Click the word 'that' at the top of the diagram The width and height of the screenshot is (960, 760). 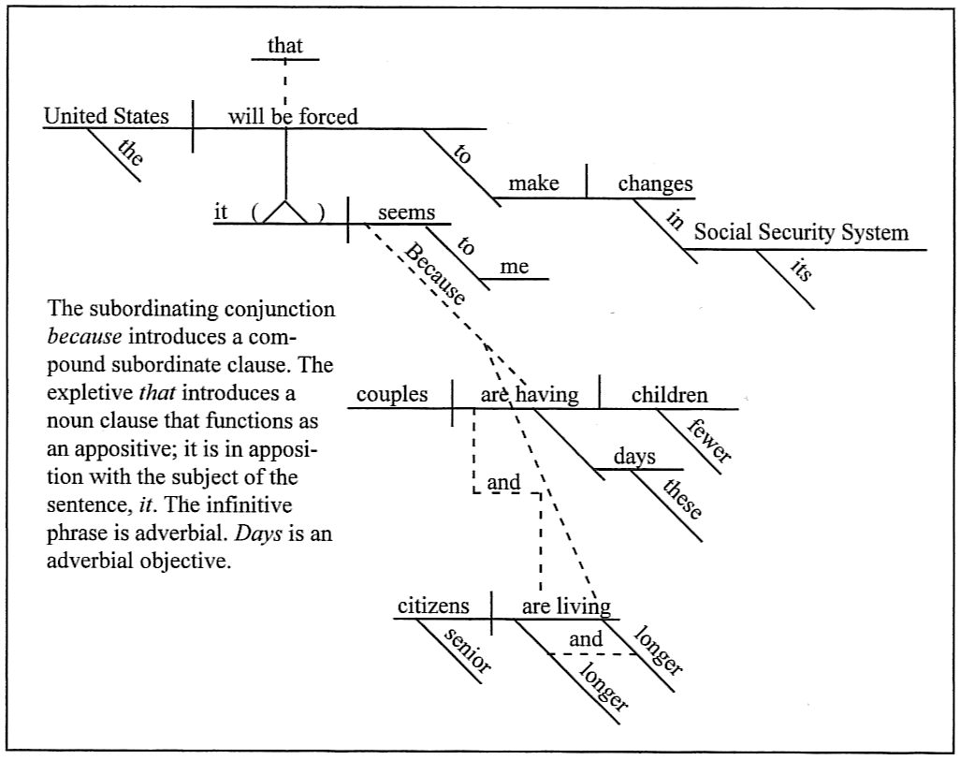[x=285, y=45]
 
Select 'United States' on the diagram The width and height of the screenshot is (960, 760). [x=107, y=116]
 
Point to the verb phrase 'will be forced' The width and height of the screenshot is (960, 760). [x=293, y=116]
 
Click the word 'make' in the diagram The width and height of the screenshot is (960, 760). [x=533, y=183]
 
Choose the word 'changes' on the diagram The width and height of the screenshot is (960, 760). [x=655, y=183]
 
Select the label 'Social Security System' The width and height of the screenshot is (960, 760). [x=801, y=233]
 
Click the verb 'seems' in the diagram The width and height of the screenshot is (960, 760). [x=406, y=212]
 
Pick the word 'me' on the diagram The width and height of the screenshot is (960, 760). [x=514, y=267]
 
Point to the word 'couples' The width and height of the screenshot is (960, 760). [x=391, y=395]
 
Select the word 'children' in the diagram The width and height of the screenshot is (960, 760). [x=669, y=395]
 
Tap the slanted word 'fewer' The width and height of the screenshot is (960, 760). [x=708, y=440]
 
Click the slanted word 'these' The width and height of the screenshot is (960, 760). [x=681, y=500]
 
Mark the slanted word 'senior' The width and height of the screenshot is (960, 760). [x=467, y=650]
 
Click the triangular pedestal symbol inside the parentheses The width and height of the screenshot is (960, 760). [x=285, y=212]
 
